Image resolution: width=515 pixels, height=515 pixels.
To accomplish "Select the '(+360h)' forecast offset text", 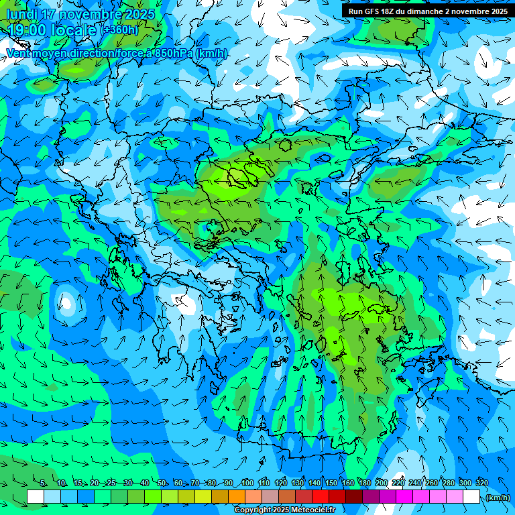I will tap(121, 30).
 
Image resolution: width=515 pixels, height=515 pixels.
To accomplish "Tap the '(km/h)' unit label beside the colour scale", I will tap(498, 498).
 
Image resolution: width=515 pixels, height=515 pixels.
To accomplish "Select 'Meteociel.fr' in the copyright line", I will tap(312, 510).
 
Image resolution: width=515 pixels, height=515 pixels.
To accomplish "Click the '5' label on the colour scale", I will tap(43, 483).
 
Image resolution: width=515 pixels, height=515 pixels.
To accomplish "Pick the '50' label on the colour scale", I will tap(162, 483).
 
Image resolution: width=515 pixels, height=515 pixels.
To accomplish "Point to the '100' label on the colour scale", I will tap(247, 483).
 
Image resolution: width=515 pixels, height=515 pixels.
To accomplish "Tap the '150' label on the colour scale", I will tap(331, 483).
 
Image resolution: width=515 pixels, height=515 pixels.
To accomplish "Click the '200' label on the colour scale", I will tap(382, 483).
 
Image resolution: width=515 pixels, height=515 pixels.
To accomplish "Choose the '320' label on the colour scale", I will tap(481, 483).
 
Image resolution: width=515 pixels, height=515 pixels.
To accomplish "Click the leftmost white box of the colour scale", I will tap(36, 497).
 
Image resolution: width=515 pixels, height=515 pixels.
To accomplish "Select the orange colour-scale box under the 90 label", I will tap(237, 497).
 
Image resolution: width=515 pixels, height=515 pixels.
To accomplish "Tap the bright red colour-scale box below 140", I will tap(321, 497).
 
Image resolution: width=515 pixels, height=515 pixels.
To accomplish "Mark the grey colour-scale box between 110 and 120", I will tap(270, 497).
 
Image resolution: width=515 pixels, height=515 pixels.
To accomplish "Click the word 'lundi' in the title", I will tap(23, 14).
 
